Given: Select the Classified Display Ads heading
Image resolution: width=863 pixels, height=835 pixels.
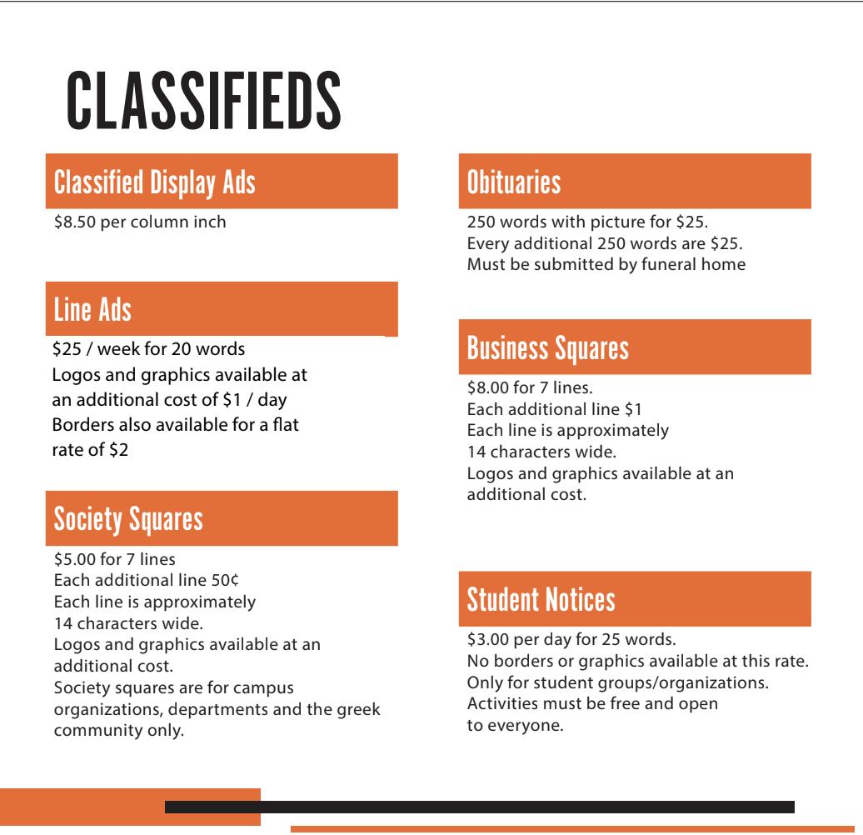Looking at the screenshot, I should coord(154,182).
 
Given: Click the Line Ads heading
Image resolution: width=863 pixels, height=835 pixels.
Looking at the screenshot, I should coord(92,310).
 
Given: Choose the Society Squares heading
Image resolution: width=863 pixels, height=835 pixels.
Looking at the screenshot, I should coord(128,519).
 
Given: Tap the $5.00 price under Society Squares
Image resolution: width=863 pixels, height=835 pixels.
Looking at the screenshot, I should coord(73,558).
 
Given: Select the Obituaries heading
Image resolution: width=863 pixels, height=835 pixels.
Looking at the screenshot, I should coord(514,182).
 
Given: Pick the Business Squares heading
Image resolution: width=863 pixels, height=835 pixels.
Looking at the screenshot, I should coord(548,347).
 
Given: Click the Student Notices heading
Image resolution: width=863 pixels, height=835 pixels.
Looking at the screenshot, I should coord(541,598).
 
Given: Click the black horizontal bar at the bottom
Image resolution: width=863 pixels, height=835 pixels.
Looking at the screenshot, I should coord(479,807).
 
